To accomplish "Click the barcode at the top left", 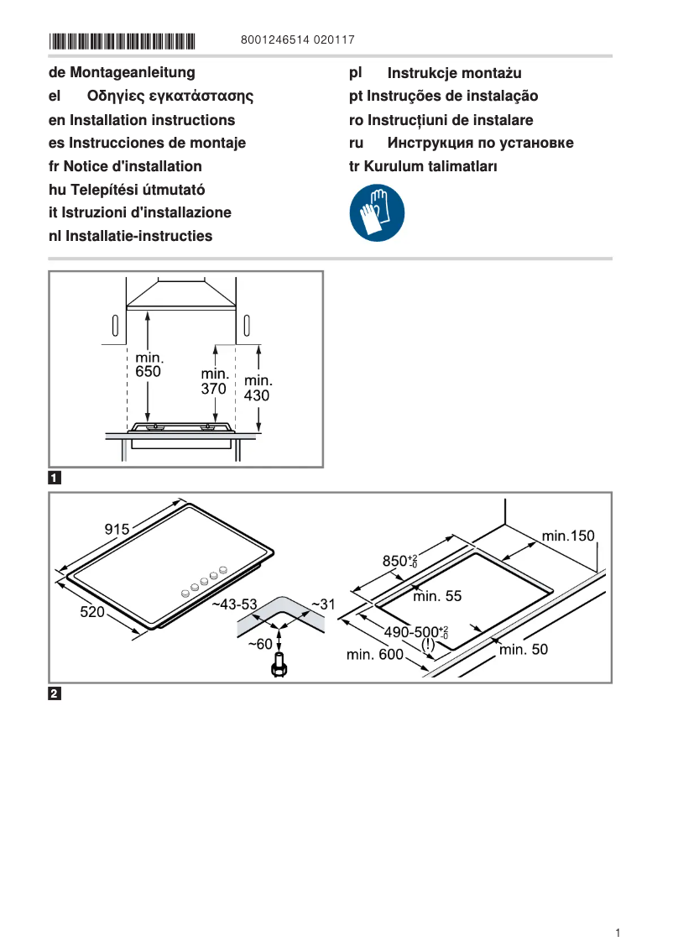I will pyautogui.click(x=122, y=39).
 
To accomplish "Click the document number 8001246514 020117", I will pyautogui.click(x=297, y=39).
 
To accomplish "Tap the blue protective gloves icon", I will pyautogui.click(x=377, y=213).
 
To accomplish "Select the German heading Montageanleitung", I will pyautogui.click(x=122, y=73).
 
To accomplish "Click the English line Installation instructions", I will pyautogui.click(x=142, y=120).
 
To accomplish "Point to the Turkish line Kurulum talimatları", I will pyautogui.click(x=423, y=166).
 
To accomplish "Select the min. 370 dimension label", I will pyautogui.click(x=215, y=381).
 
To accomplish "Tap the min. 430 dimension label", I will pyautogui.click(x=257, y=388).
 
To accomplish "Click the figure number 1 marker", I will pyautogui.click(x=55, y=479).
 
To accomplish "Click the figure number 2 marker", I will pyautogui.click(x=55, y=693).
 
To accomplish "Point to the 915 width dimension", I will pyautogui.click(x=117, y=529).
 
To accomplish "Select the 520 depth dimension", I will pyautogui.click(x=92, y=612).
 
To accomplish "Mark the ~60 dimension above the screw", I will pyautogui.click(x=259, y=644).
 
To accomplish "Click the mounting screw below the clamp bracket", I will pyautogui.click(x=279, y=666).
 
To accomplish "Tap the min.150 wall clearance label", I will pyautogui.click(x=567, y=536).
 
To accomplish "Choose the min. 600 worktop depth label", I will pyautogui.click(x=375, y=654).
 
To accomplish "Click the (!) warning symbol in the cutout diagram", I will pyautogui.click(x=428, y=645).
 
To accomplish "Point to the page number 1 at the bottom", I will pyautogui.click(x=617, y=933).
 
